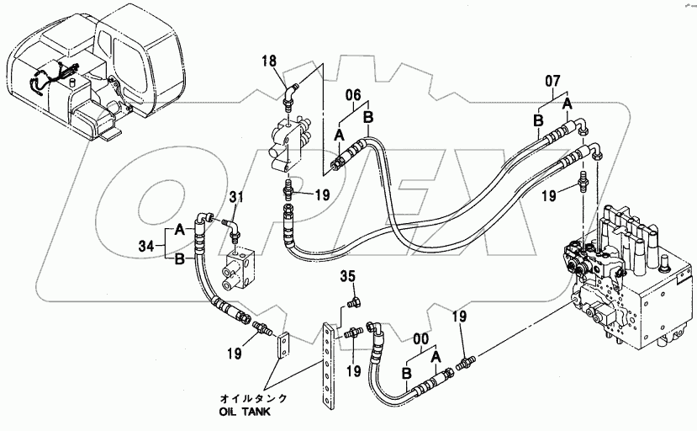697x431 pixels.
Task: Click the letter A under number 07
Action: [568, 104]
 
